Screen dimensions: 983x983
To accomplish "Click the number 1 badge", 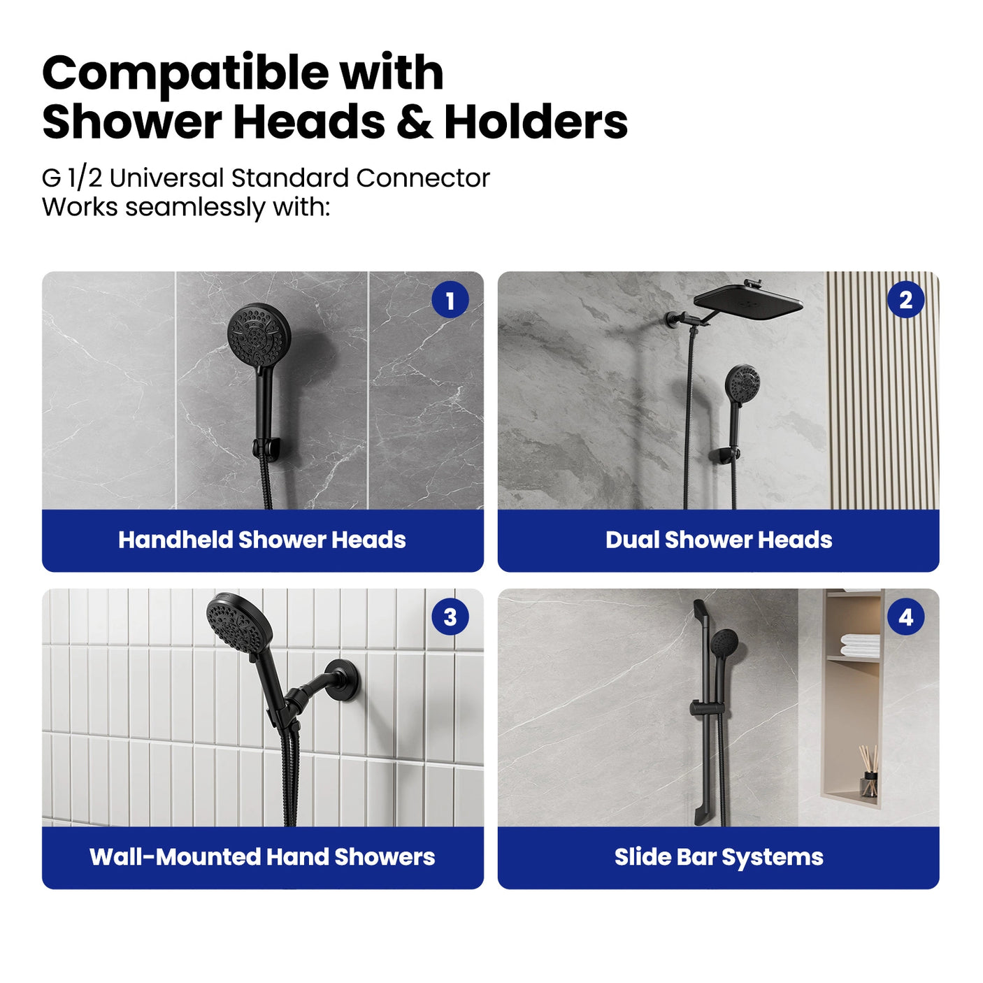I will click(x=450, y=301).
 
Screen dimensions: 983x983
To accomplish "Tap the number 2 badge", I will click(x=905, y=301).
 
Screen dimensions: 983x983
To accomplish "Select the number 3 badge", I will click(x=450, y=617).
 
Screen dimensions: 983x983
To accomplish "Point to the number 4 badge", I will click(x=905, y=617).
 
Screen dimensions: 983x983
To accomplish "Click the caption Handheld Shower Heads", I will click(x=262, y=540).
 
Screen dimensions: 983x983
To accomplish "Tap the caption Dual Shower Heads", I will click(x=719, y=540).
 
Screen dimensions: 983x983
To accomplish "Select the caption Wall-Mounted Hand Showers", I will click(x=262, y=857).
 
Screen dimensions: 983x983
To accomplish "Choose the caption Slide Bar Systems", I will click(x=719, y=857).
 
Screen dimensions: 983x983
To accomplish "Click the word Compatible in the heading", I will click(x=185, y=73).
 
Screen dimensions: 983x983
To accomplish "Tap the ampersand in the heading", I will click(x=414, y=122).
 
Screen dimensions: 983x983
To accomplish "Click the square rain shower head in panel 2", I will click(x=748, y=301).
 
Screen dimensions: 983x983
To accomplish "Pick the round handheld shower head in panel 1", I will click(x=257, y=333).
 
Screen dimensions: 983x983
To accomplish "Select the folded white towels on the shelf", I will click(x=860, y=644).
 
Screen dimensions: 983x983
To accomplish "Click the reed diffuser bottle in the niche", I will click(x=869, y=783).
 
